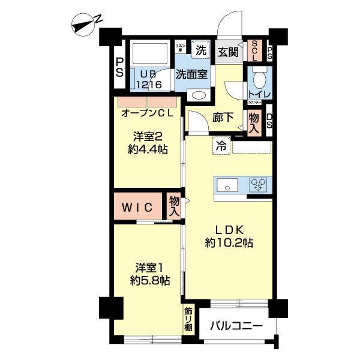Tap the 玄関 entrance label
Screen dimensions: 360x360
[x=227, y=52]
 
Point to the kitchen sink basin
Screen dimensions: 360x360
[x=227, y=186]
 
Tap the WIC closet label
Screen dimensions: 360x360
[x=138, y=208]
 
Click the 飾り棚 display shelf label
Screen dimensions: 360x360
[x=188, y=319]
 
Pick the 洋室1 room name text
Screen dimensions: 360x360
[x=148, y=267]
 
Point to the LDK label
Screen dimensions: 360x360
[x=228, y=229]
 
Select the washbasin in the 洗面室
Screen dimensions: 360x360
[x=197, y=95]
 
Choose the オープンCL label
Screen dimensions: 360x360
[x=147, y=113]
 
